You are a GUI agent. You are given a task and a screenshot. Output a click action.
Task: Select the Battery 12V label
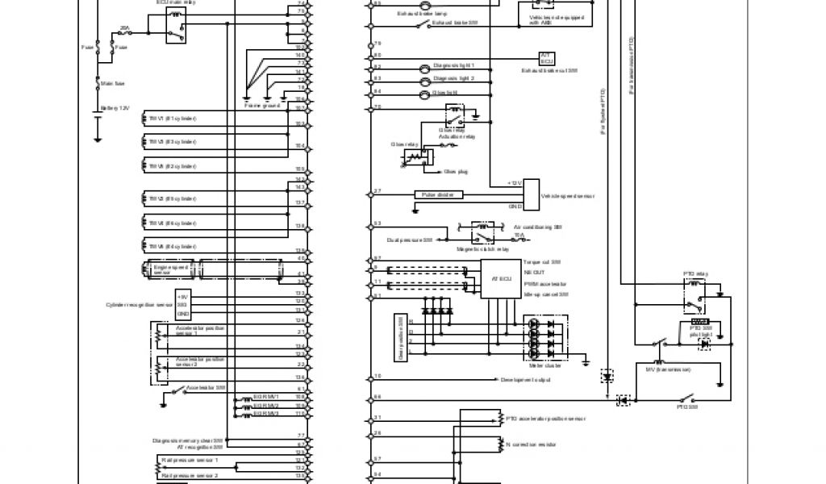114,107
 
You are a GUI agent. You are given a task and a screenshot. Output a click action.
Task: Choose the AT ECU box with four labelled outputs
501,279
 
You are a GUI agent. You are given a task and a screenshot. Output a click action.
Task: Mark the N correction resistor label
533,444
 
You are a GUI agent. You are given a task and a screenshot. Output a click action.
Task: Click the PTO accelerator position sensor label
544,419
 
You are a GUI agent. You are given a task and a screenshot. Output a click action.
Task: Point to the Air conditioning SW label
536,227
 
